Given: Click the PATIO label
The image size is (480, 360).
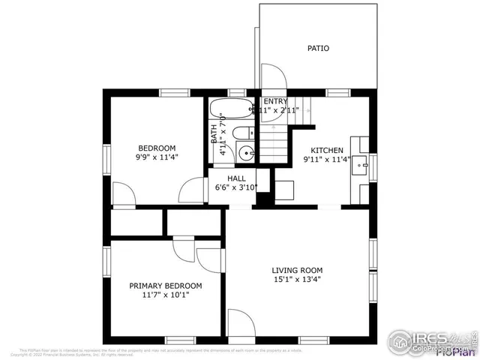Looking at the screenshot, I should [x=318, y=49].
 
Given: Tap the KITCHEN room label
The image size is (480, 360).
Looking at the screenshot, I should [x=327, y=150].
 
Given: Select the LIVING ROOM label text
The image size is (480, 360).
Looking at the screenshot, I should [x=297, y=271].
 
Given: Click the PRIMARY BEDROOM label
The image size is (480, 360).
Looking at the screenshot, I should [x=165, y=286].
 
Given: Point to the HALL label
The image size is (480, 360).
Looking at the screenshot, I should [x=236, y=178].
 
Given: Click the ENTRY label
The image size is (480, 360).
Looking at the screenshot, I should [x=274, y=101].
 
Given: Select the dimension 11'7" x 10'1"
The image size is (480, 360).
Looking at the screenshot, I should [x=165, y=295].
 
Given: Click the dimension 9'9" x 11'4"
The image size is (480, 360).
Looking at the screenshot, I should [x=157, y=157].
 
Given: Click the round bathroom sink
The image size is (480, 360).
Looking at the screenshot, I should [x=245, y=153].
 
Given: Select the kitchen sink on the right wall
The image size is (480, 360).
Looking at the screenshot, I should [x=362, y=161].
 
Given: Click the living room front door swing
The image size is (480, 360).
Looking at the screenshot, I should [x=241, y=323].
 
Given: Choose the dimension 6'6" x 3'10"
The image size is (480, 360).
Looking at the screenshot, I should [x=237, y=187].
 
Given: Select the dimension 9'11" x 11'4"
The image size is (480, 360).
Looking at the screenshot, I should [x=327, y=160].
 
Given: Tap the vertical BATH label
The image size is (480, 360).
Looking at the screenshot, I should [x=214, y=133].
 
